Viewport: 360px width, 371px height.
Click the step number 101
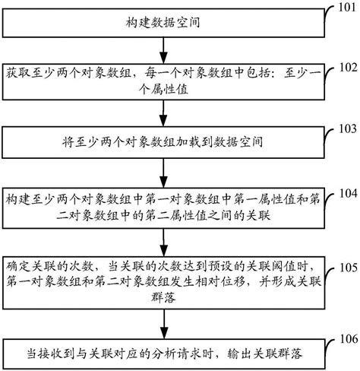(x=346, y=10)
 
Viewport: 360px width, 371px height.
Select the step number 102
(x=346, y=66)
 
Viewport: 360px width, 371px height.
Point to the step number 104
(x=346, y=193)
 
